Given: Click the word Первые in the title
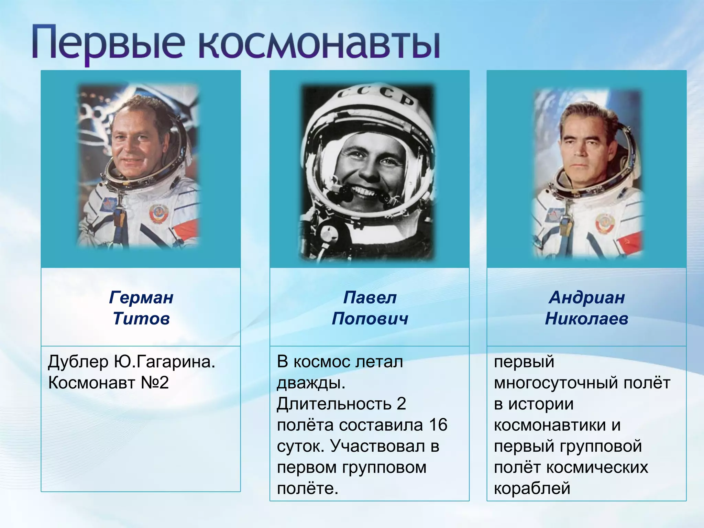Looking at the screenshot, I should point(107,44).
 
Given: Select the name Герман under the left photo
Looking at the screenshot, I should point(141,298).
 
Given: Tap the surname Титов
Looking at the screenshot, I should point(141,319).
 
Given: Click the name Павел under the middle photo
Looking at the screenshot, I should point(370,298).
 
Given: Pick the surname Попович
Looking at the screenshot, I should point(370,319).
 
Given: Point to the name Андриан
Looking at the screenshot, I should point(587,298).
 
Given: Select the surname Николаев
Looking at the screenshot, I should point(587,319).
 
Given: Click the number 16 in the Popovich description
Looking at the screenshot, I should point(438,425).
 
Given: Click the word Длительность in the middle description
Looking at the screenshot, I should point(334,404).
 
